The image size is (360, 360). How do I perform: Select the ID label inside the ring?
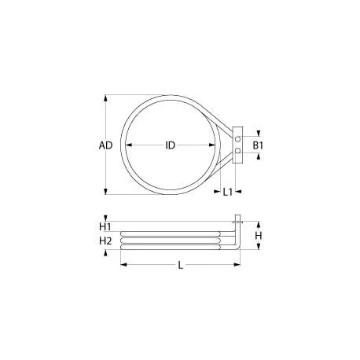[170, 145]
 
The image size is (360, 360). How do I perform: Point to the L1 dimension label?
[227, 191]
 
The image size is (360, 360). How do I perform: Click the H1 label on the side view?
[106, 227]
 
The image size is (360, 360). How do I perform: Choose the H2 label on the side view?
[106, 241]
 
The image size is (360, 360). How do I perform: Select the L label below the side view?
[180, 266]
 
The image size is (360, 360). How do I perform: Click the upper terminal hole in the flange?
[238, 135]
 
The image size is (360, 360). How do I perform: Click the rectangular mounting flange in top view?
[239, 142]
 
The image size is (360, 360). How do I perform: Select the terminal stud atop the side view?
[236, 219]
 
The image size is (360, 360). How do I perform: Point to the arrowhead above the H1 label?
[121, 219]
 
